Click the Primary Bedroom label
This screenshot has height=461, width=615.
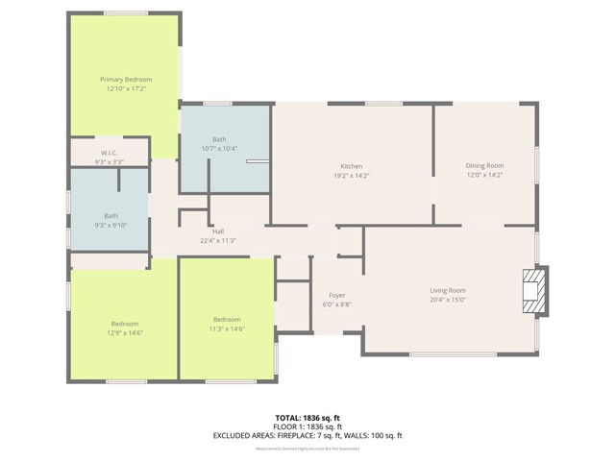(126, 79)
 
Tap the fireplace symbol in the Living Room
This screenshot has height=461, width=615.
(532, 290)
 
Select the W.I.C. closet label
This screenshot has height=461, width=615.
(109, 153)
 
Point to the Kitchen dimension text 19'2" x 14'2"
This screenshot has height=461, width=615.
(351, 176)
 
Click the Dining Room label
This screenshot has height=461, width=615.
(484, 166)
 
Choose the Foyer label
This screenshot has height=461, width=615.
(336, 295)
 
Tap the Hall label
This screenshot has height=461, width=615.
(218, 231)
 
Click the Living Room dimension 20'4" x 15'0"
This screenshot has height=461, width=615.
(447, 300)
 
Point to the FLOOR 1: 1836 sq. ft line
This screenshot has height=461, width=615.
(307, 426)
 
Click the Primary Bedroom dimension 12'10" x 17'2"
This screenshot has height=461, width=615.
(126, 88)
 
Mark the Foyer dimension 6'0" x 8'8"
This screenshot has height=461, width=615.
(336, 304)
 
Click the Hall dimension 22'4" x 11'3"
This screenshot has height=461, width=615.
(218, 241)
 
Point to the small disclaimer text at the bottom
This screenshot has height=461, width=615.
(307, 448)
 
